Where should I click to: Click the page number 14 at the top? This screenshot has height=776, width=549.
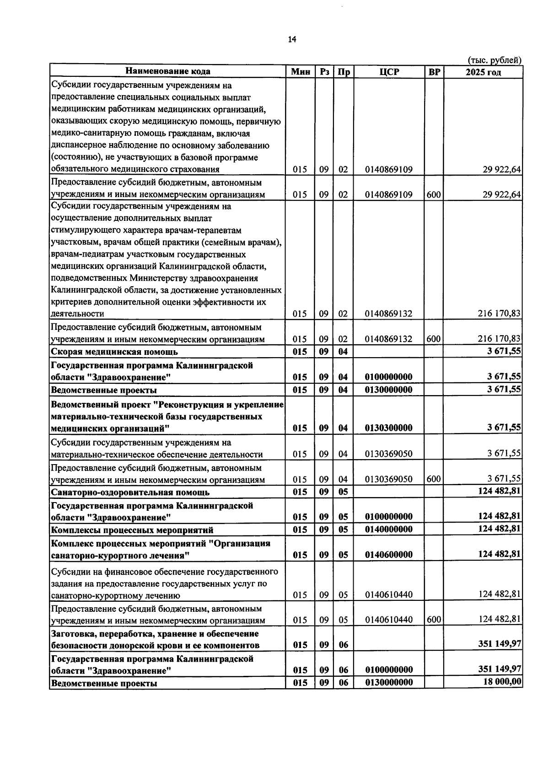(x=292, y=39)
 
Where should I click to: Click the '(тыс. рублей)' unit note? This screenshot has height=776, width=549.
(x=494, y=60)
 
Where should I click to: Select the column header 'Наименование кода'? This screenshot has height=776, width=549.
(x=168, y=71)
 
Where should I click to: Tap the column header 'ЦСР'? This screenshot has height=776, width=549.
(x=389, y=72)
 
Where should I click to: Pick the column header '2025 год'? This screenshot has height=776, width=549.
(x=483, y=72)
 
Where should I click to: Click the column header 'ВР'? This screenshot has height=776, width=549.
(x=434, y=72)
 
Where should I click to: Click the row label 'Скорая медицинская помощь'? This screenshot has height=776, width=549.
(x=114, y=352)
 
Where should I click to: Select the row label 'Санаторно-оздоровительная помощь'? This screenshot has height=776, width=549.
(x=130, y=492)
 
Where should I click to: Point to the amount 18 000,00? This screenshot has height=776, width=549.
(x=502, y=682)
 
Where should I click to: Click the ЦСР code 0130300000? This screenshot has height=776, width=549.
(x=389, y=428)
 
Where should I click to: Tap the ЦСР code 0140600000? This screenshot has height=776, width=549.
(x=389, y=555)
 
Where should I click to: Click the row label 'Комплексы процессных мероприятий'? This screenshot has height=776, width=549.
(x=132, y=530)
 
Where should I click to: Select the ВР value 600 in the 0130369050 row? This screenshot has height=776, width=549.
(x=434, y=479)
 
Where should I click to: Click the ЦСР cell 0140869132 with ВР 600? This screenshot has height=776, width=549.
(x=389, y=339)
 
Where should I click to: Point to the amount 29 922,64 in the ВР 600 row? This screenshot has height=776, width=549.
(x=501, y=194)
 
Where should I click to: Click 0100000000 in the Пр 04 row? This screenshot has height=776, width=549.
(x=389, y=377)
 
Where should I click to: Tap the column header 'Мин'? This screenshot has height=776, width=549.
(x=301, y=72)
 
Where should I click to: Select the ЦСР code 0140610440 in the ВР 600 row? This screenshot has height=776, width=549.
(x=389, y=620)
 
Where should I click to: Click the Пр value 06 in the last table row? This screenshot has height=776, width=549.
(x=344, y=683)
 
